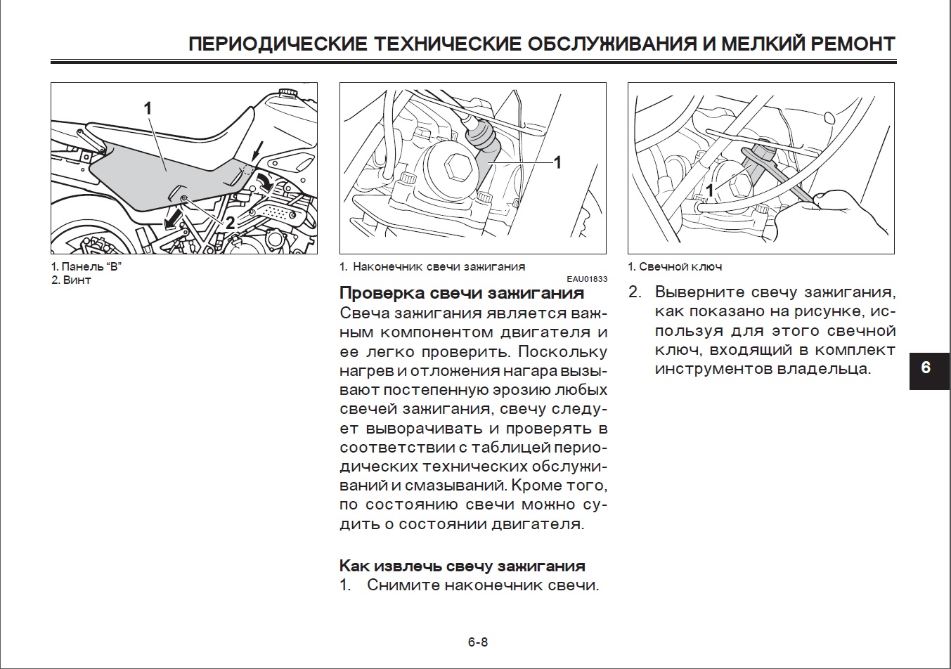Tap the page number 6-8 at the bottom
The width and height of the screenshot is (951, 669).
(x=477, y=642)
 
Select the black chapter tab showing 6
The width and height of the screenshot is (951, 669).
(x=926, y=368)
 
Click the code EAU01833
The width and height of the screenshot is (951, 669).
(x=588, y=279)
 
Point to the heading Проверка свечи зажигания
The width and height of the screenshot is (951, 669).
(x=462, y=293)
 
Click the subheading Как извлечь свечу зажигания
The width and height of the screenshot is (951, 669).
(x=462, y=566)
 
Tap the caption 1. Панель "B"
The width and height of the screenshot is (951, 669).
(x=87, y=267)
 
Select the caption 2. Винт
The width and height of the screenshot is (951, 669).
(x=71, y=280)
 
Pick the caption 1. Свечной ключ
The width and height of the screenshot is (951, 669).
(x=675, y=267)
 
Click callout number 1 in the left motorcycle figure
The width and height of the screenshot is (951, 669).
(x=148, y=108)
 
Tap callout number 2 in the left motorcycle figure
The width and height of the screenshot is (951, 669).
(x=230, y=223)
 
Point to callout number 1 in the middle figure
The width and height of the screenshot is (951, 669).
(x=557, y=162)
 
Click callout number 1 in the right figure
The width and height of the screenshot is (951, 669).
(x=710, y=190)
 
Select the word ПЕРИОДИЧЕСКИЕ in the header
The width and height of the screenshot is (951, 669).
(x=278, y=44)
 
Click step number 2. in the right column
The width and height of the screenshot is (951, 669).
(x=635, y=292)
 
